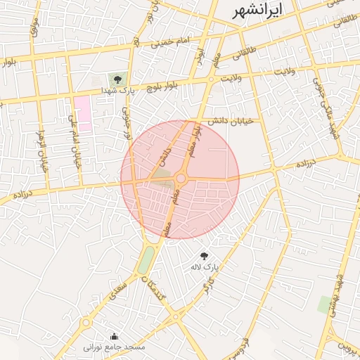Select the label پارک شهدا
coord(117,91)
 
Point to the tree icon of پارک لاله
coord(205,257)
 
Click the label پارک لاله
coord(205,268)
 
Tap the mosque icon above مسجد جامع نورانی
coord(115,336)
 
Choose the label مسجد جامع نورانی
coord(115,347)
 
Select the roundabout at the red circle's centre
coord(181,179)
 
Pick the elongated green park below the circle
coord(146,260)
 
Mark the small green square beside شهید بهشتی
coord(324,305)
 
